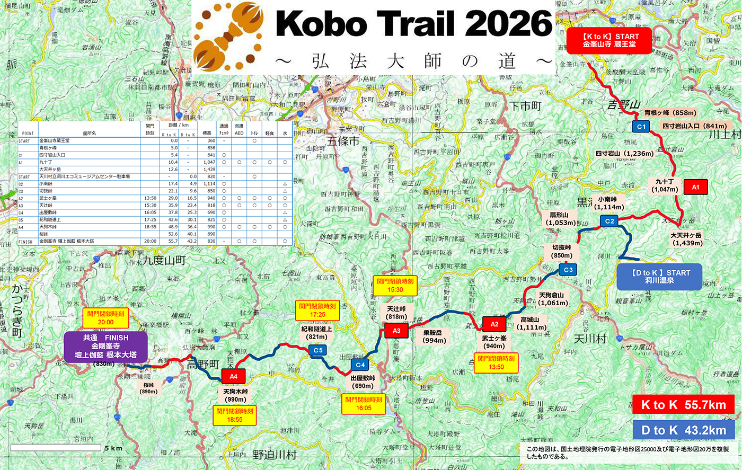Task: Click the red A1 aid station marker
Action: pyautogui.click(x=695, y=187)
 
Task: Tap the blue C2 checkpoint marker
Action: pyautogui.click(x=609, y=221)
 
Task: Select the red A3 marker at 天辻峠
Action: pyautogui.click(x=396, y=331)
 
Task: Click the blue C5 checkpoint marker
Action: pyautogui.click(x=317, y=350)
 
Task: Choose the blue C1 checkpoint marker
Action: pyautogui.click(x=641, y=127)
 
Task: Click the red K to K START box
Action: pyautogui.click(x=611, y=41)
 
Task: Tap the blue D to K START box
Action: pyautogui.click(x=660, y=277)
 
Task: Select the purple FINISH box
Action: pyautogui.click(x=105, y=347)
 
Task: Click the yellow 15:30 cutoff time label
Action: pyautogui.click(x=395, y=286)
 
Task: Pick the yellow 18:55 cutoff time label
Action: pyautogui.click(x=235, y=415)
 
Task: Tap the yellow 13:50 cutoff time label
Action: pyautogui.click(x=496, y=363)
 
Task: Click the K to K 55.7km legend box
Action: pyautogui.click(x=683, y=405)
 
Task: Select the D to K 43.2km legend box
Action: pyautogui.click(x=683, y=430)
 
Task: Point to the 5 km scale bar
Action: pyautogui.click(x=56, y=448)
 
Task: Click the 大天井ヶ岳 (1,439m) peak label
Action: pyautogui.click(x=686, y=239)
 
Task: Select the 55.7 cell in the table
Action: pyautogui.click(x=170, y=241)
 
